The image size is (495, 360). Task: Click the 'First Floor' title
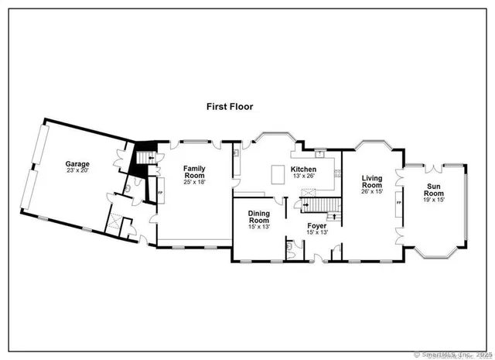[230, 106]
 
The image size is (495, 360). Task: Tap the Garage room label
[77, 163]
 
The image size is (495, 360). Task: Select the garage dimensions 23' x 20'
[77, 171]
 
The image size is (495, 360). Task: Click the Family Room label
[195, 173]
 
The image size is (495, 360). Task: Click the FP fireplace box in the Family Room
[160, 190]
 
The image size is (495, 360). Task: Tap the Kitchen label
[302, 169]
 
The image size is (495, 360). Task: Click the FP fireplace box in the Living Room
[398, 203]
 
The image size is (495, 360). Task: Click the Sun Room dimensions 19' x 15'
[435, 201]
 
